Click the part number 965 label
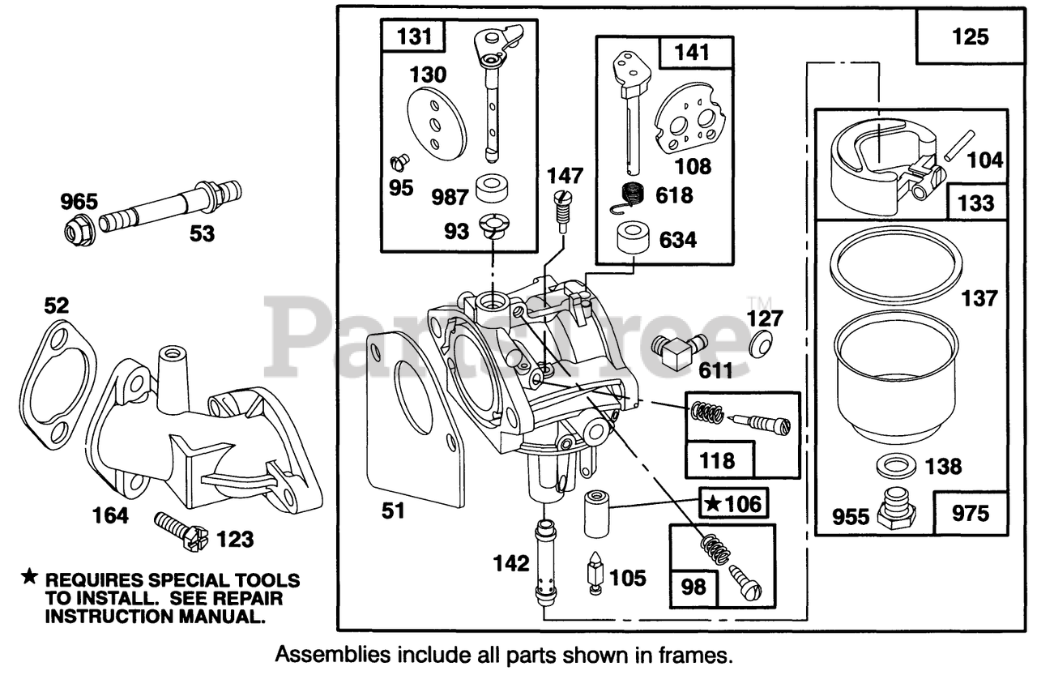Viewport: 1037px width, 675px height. click(x=79, y=201)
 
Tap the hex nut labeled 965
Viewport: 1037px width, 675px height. click(x=80, y=232)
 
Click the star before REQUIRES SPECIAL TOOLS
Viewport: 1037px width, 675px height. click(x=29, y=578)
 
